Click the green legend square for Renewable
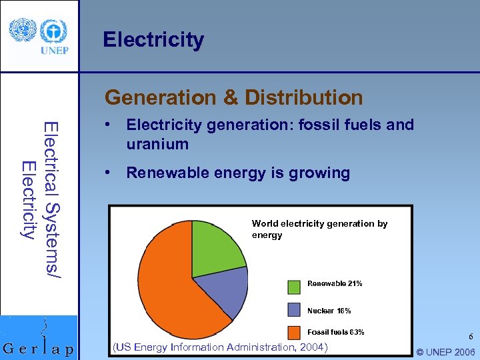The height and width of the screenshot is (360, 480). tap(294, 287)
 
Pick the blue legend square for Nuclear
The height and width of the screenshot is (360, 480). tap(294, 309)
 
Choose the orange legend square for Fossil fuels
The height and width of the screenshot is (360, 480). tap(294, 331)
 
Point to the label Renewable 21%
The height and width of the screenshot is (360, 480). tap(335, 284)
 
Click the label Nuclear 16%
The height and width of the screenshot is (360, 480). tap(329, 311)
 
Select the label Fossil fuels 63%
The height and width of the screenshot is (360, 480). tap(335, 332)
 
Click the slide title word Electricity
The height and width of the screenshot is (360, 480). tap(153, 40)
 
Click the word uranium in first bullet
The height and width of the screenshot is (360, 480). tap(157, 144)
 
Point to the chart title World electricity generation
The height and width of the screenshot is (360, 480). tap(319, 224)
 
